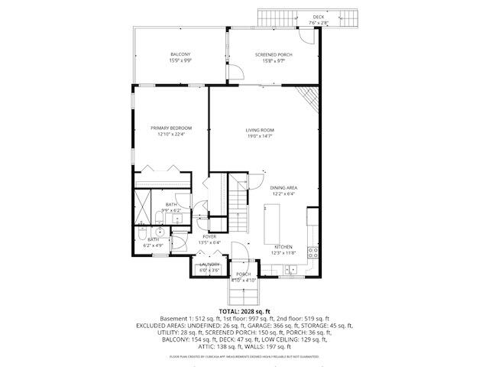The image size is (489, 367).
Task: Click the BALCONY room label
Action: click(x=180, y=54)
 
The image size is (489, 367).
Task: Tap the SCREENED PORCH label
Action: click(x=274, y=54)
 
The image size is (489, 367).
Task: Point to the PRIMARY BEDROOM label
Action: click(x=171, y=128)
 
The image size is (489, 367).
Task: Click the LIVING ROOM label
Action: click(x=260, y=130)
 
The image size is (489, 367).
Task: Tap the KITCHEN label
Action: click(x=283, y=246)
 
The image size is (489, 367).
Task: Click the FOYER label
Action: click(x=209, y=237)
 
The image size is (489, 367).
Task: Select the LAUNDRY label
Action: click(x=209, y=265)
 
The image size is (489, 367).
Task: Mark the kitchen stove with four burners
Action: click(x=312, y=252)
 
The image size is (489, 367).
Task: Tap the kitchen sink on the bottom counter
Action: click(x=291, y=268)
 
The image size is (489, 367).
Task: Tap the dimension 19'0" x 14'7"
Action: click(x=260, y=136)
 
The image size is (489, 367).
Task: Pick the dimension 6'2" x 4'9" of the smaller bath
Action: click(x=154, y=245)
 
